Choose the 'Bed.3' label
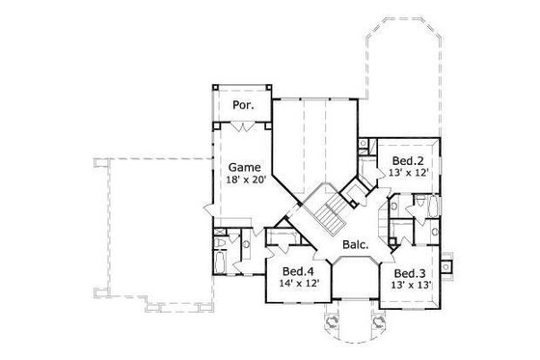tap(411, 273)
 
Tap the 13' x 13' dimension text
tap(411, 287)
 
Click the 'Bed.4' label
tap(297, 271)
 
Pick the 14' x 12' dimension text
tap(297, 285)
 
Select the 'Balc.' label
tap(354, 245)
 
